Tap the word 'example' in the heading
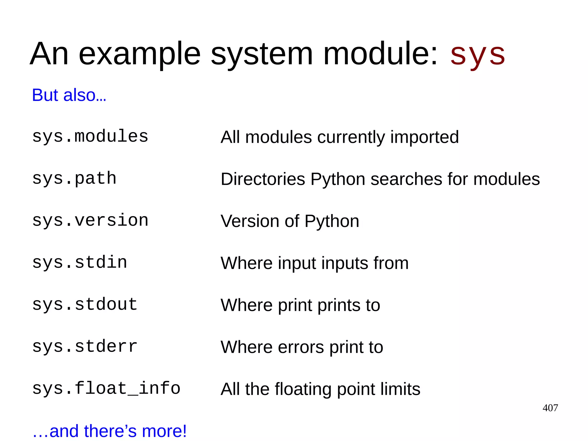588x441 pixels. tap(140, 55)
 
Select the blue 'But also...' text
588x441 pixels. tap(69, 95)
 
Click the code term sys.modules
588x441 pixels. tap(90, 136)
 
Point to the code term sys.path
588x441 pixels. tap(74, 178)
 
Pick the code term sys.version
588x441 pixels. tap(90, 220)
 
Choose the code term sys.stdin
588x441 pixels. tap(80, 262)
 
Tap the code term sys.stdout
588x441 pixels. tap(85, 304)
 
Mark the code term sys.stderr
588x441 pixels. tap(85, 346)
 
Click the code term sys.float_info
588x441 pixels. tap(106, 388)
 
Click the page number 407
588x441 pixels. tap(550, 408)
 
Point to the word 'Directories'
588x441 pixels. tap(263, 179)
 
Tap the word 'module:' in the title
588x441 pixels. tap(381, 55)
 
